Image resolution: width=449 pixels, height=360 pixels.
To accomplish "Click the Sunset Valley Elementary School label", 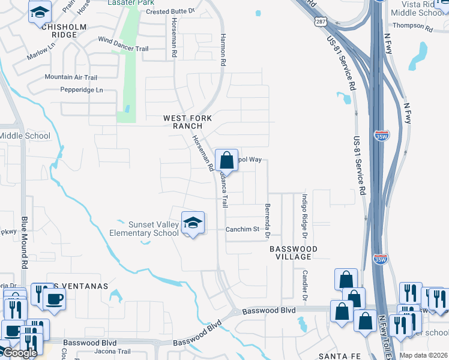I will click(x=144, y=229).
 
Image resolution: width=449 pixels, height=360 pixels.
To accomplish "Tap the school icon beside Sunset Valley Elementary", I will click(x=193, y=223).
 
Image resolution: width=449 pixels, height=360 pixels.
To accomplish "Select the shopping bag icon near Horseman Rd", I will click(x=226, y=160).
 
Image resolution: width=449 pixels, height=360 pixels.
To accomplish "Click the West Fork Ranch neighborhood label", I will click(x=187, y=122).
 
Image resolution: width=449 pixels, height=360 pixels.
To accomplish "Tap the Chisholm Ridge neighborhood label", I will click(x=60, y=31).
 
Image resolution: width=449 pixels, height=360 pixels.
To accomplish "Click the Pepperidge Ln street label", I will click(x=82, y=90).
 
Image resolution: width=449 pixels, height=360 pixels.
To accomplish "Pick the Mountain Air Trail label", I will click(x=71, y=77).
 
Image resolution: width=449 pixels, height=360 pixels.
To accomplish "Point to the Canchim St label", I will click(x=242, y=229).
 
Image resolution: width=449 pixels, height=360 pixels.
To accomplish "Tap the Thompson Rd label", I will click(x=412, y=27).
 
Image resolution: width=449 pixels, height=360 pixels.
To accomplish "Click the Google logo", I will click(x=19, y=353).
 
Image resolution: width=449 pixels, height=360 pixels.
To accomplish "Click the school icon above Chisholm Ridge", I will click(x=40, y=12).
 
